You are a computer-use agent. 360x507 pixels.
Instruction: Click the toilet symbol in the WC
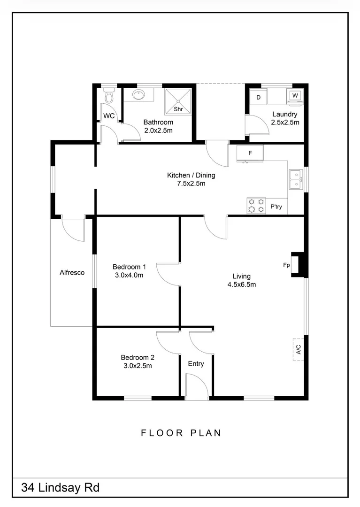click(x=109, y=97)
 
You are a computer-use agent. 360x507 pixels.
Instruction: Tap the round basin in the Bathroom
click(x=139, y=95)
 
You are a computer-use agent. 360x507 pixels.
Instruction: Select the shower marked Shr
click(x=177, y=101)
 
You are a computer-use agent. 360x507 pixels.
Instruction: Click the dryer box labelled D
click(x=258, y=98)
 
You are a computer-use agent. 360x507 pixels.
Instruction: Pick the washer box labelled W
click(x=295, y=95)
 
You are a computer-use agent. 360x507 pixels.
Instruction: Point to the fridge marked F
click(x=250, y=153)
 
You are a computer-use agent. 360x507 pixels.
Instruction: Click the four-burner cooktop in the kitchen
click(x=256, y=206)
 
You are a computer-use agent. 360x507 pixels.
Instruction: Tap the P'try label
click(x=276, y=207)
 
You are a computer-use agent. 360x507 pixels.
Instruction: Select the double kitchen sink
click(x=295, y=179)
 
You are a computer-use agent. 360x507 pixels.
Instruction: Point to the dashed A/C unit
click(x=298, y=349)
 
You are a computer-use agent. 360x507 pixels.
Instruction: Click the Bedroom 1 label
click(x=129, y=267)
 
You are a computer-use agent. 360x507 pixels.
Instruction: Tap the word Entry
click(x=196, y=364)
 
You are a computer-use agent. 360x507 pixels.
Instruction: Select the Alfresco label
click(x=72, y=272)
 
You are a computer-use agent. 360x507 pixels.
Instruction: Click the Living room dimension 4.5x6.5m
click(x=241, y=284)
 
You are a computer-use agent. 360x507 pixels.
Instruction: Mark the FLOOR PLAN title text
click(x=181, y=433)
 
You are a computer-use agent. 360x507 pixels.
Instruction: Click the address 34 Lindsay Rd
click(x=60, y=488)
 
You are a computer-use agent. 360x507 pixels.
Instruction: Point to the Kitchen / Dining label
click(x=191, y=176)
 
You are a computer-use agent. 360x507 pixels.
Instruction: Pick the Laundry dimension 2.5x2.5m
click(x=285, y=122)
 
